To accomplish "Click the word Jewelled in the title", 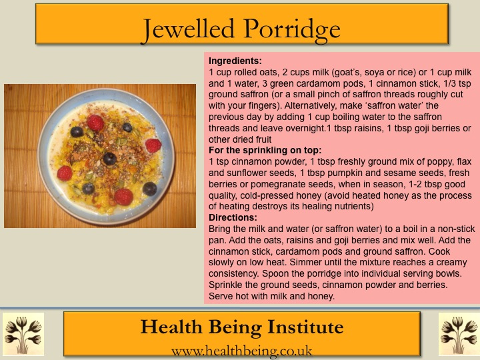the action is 189,29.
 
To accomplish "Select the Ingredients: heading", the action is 235,61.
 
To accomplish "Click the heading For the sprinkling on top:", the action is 265,150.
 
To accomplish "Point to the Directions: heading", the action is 233,217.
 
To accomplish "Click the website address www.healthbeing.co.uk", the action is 242,351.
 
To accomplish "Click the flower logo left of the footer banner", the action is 23,334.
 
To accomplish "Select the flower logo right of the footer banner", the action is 459,334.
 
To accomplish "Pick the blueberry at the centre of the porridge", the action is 109,159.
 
